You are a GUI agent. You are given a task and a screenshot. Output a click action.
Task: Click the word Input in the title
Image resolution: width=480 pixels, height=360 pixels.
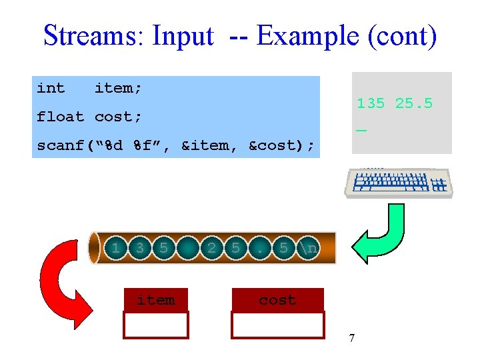pyautogui.click(x=183, y=36)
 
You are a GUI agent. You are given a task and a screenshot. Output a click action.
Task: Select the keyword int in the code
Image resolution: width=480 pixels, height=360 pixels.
pyautogui.click(x=51, y=88)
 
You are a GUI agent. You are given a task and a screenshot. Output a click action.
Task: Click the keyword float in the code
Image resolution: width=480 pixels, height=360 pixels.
pyautogui.click(x=60, y=117)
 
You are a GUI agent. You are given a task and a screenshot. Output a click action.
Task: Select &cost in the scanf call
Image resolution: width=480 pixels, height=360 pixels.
pyautogui.click(x=273, y=145)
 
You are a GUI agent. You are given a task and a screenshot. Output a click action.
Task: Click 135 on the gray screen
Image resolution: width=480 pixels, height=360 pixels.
pyautogui.click(x=371, y=103)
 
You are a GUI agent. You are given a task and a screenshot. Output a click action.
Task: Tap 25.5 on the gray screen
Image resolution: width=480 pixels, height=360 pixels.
pyautogui.click(x=414, y=103)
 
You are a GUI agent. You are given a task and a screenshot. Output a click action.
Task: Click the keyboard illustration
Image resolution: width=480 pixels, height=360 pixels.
pyautogui.click(x=399, y=182)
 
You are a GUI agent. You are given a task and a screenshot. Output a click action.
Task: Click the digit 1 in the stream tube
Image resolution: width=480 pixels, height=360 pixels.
pyautogui.click(x=116, y=249)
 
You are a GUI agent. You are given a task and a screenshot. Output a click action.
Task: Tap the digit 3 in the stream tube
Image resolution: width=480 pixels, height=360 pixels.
pyautogui.click(x=139, y=249)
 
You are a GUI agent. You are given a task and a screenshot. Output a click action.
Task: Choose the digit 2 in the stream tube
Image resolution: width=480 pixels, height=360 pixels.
pyautogui.click(x=211, y=249)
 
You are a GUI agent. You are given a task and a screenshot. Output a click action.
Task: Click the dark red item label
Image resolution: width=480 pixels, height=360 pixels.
pyautogui.click(x=156, y=300)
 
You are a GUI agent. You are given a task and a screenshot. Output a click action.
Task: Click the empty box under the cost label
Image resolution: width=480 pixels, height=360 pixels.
pyautogui.click(x=277, y=325)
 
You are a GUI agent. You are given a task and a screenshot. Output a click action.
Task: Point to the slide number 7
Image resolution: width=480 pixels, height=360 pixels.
pyautogui.click(x=351, y=339)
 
